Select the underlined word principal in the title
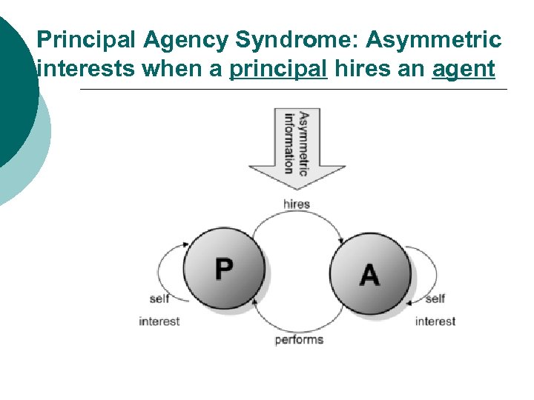coord(279,69)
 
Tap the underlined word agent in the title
coord(464,69)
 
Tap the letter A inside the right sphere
coord(369,273)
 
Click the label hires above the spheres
coord(296,204)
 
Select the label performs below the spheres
coord(299,340)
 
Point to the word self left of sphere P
coord(159,299)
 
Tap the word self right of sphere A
coord(435,299)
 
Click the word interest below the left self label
coord(159,321)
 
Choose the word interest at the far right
coord(435,321)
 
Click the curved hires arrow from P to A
coord(297,215)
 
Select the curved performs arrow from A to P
coord(297,326)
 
